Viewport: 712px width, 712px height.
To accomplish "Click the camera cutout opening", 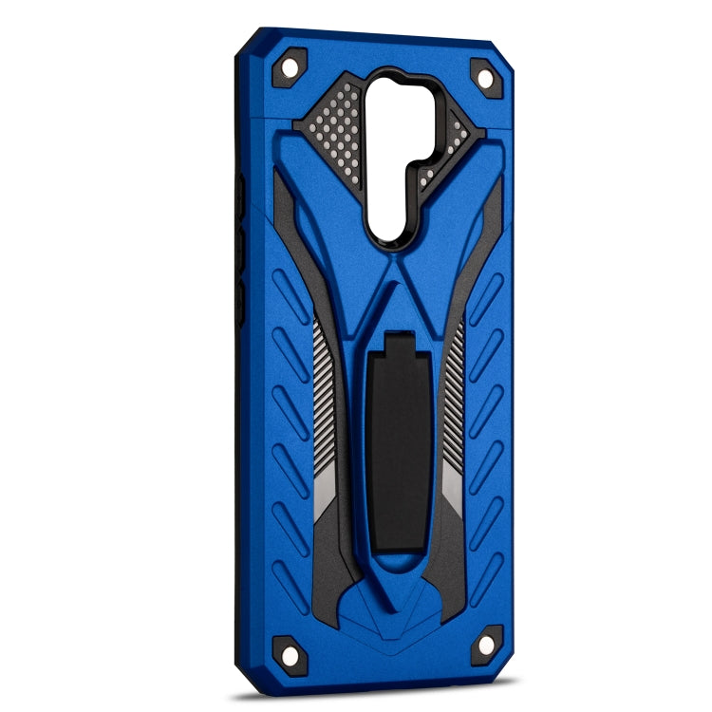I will (x=389, y=152).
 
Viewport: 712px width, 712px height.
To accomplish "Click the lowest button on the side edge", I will (x=240, y=302).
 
